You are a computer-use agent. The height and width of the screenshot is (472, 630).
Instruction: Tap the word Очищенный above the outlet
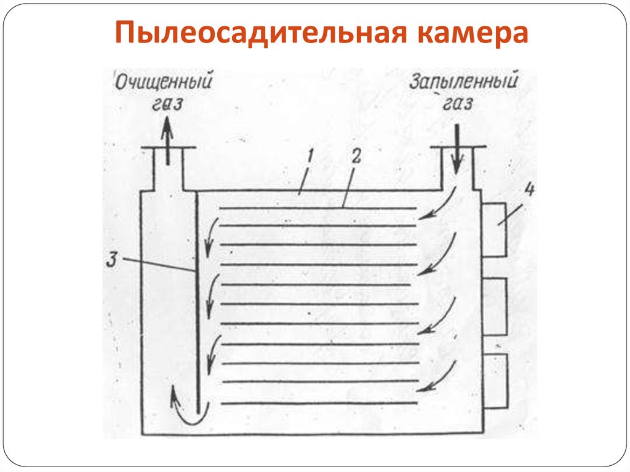[164, 82]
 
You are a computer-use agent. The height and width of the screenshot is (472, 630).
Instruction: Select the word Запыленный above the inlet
[463, 81]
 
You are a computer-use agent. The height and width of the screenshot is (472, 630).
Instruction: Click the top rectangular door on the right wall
[495, 230]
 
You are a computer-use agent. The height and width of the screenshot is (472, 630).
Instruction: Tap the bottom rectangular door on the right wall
[495, 380]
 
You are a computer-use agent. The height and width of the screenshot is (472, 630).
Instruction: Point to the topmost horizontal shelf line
[318, 208]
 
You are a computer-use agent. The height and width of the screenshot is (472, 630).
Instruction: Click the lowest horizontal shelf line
[318, 403]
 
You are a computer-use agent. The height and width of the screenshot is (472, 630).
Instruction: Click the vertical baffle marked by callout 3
[197, 308]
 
